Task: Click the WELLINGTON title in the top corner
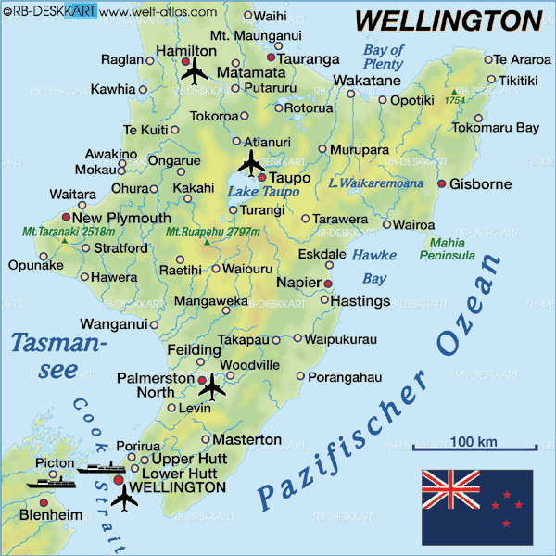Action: coord(449,19)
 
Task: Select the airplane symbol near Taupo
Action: coord(250,163)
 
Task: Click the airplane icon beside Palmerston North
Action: coord(212,385)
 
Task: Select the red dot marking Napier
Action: coord(327,282)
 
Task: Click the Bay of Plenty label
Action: coord(384,57)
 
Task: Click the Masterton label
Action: coord(247,438)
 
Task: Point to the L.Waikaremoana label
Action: coord(375,183)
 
